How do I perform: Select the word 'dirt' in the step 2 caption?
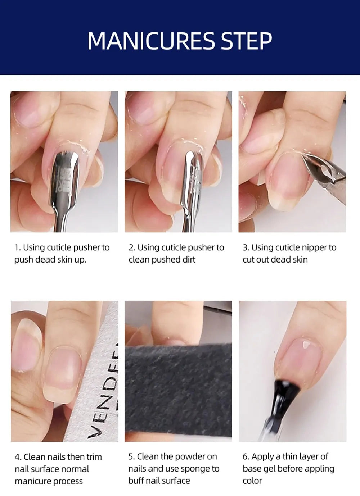(x=189, y=260)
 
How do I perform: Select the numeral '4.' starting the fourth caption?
(x=18, y=457)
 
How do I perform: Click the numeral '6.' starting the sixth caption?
(x=246, y=457)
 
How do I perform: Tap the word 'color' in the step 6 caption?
(x=252, y=481)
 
